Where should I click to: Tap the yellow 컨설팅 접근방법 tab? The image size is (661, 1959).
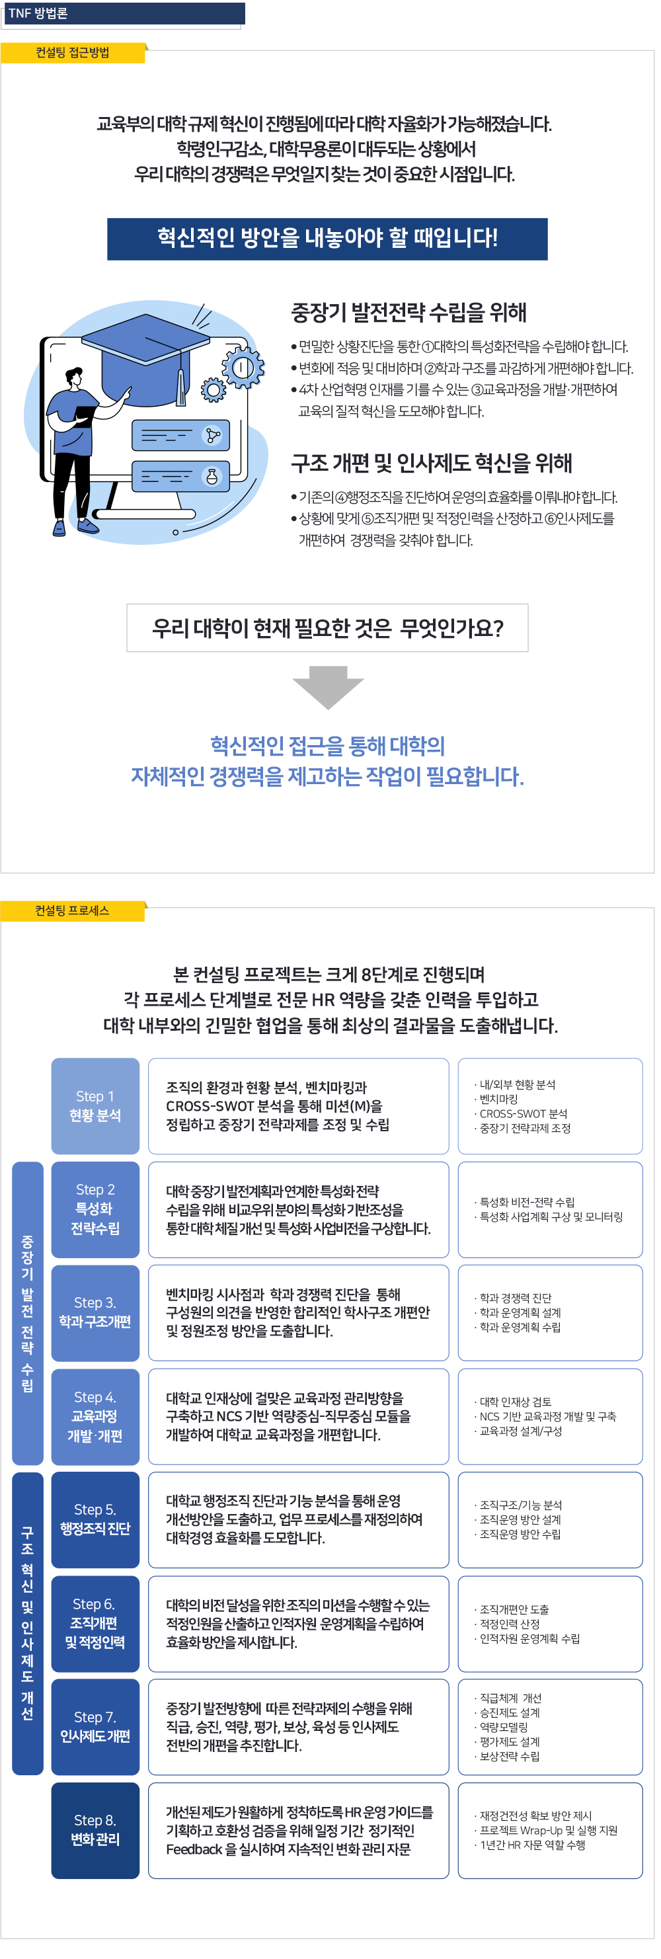[73, 52]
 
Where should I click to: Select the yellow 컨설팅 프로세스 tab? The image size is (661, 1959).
[73, 910]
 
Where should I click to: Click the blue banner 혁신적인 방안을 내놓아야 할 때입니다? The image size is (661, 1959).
[327, 239]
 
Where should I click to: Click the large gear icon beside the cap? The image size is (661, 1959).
[243, 368]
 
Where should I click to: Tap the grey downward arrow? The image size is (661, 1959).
[328, 688]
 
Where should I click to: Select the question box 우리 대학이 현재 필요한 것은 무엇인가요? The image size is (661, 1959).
[327, 627]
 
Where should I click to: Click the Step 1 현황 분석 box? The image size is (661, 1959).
[95, 1105]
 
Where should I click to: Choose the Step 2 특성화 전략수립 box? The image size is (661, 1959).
[95, 1209]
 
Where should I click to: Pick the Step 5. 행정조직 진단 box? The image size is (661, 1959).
[95, 1519]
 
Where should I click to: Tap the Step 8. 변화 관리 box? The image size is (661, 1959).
[95, 1829]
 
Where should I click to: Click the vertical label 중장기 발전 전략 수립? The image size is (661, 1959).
[27, 1312]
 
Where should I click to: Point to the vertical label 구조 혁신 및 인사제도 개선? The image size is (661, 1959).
[27, 1623]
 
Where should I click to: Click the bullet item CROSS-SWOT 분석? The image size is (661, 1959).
[523, 1113]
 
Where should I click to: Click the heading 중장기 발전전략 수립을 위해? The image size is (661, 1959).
[409, 313]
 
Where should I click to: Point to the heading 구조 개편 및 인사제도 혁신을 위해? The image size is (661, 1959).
[431, 463]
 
